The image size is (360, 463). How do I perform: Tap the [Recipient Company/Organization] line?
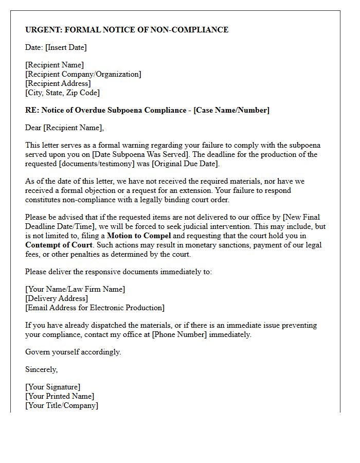pyautogui.click(x=83, y=74)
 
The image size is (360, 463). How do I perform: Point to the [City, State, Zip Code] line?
pyautogui.click(x=62, y=93)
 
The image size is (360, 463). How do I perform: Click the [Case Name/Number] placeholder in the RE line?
pyautogui.click(x=231, y=110)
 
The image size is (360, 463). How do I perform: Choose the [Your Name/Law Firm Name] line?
pyautogui.click(x=75, y=289)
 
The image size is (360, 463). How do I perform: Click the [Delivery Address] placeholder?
pyautogui.click(x=57, y=298)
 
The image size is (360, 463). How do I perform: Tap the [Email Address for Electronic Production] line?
pyautogui.click(x=95, y=308)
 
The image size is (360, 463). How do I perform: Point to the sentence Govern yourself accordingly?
pyautogui.click(x=73, y=352)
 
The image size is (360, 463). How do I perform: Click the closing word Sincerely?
pyautogui.click(x=41, y=369)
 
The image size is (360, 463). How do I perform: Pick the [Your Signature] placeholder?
pyautogui.click(x=52, y=387)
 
